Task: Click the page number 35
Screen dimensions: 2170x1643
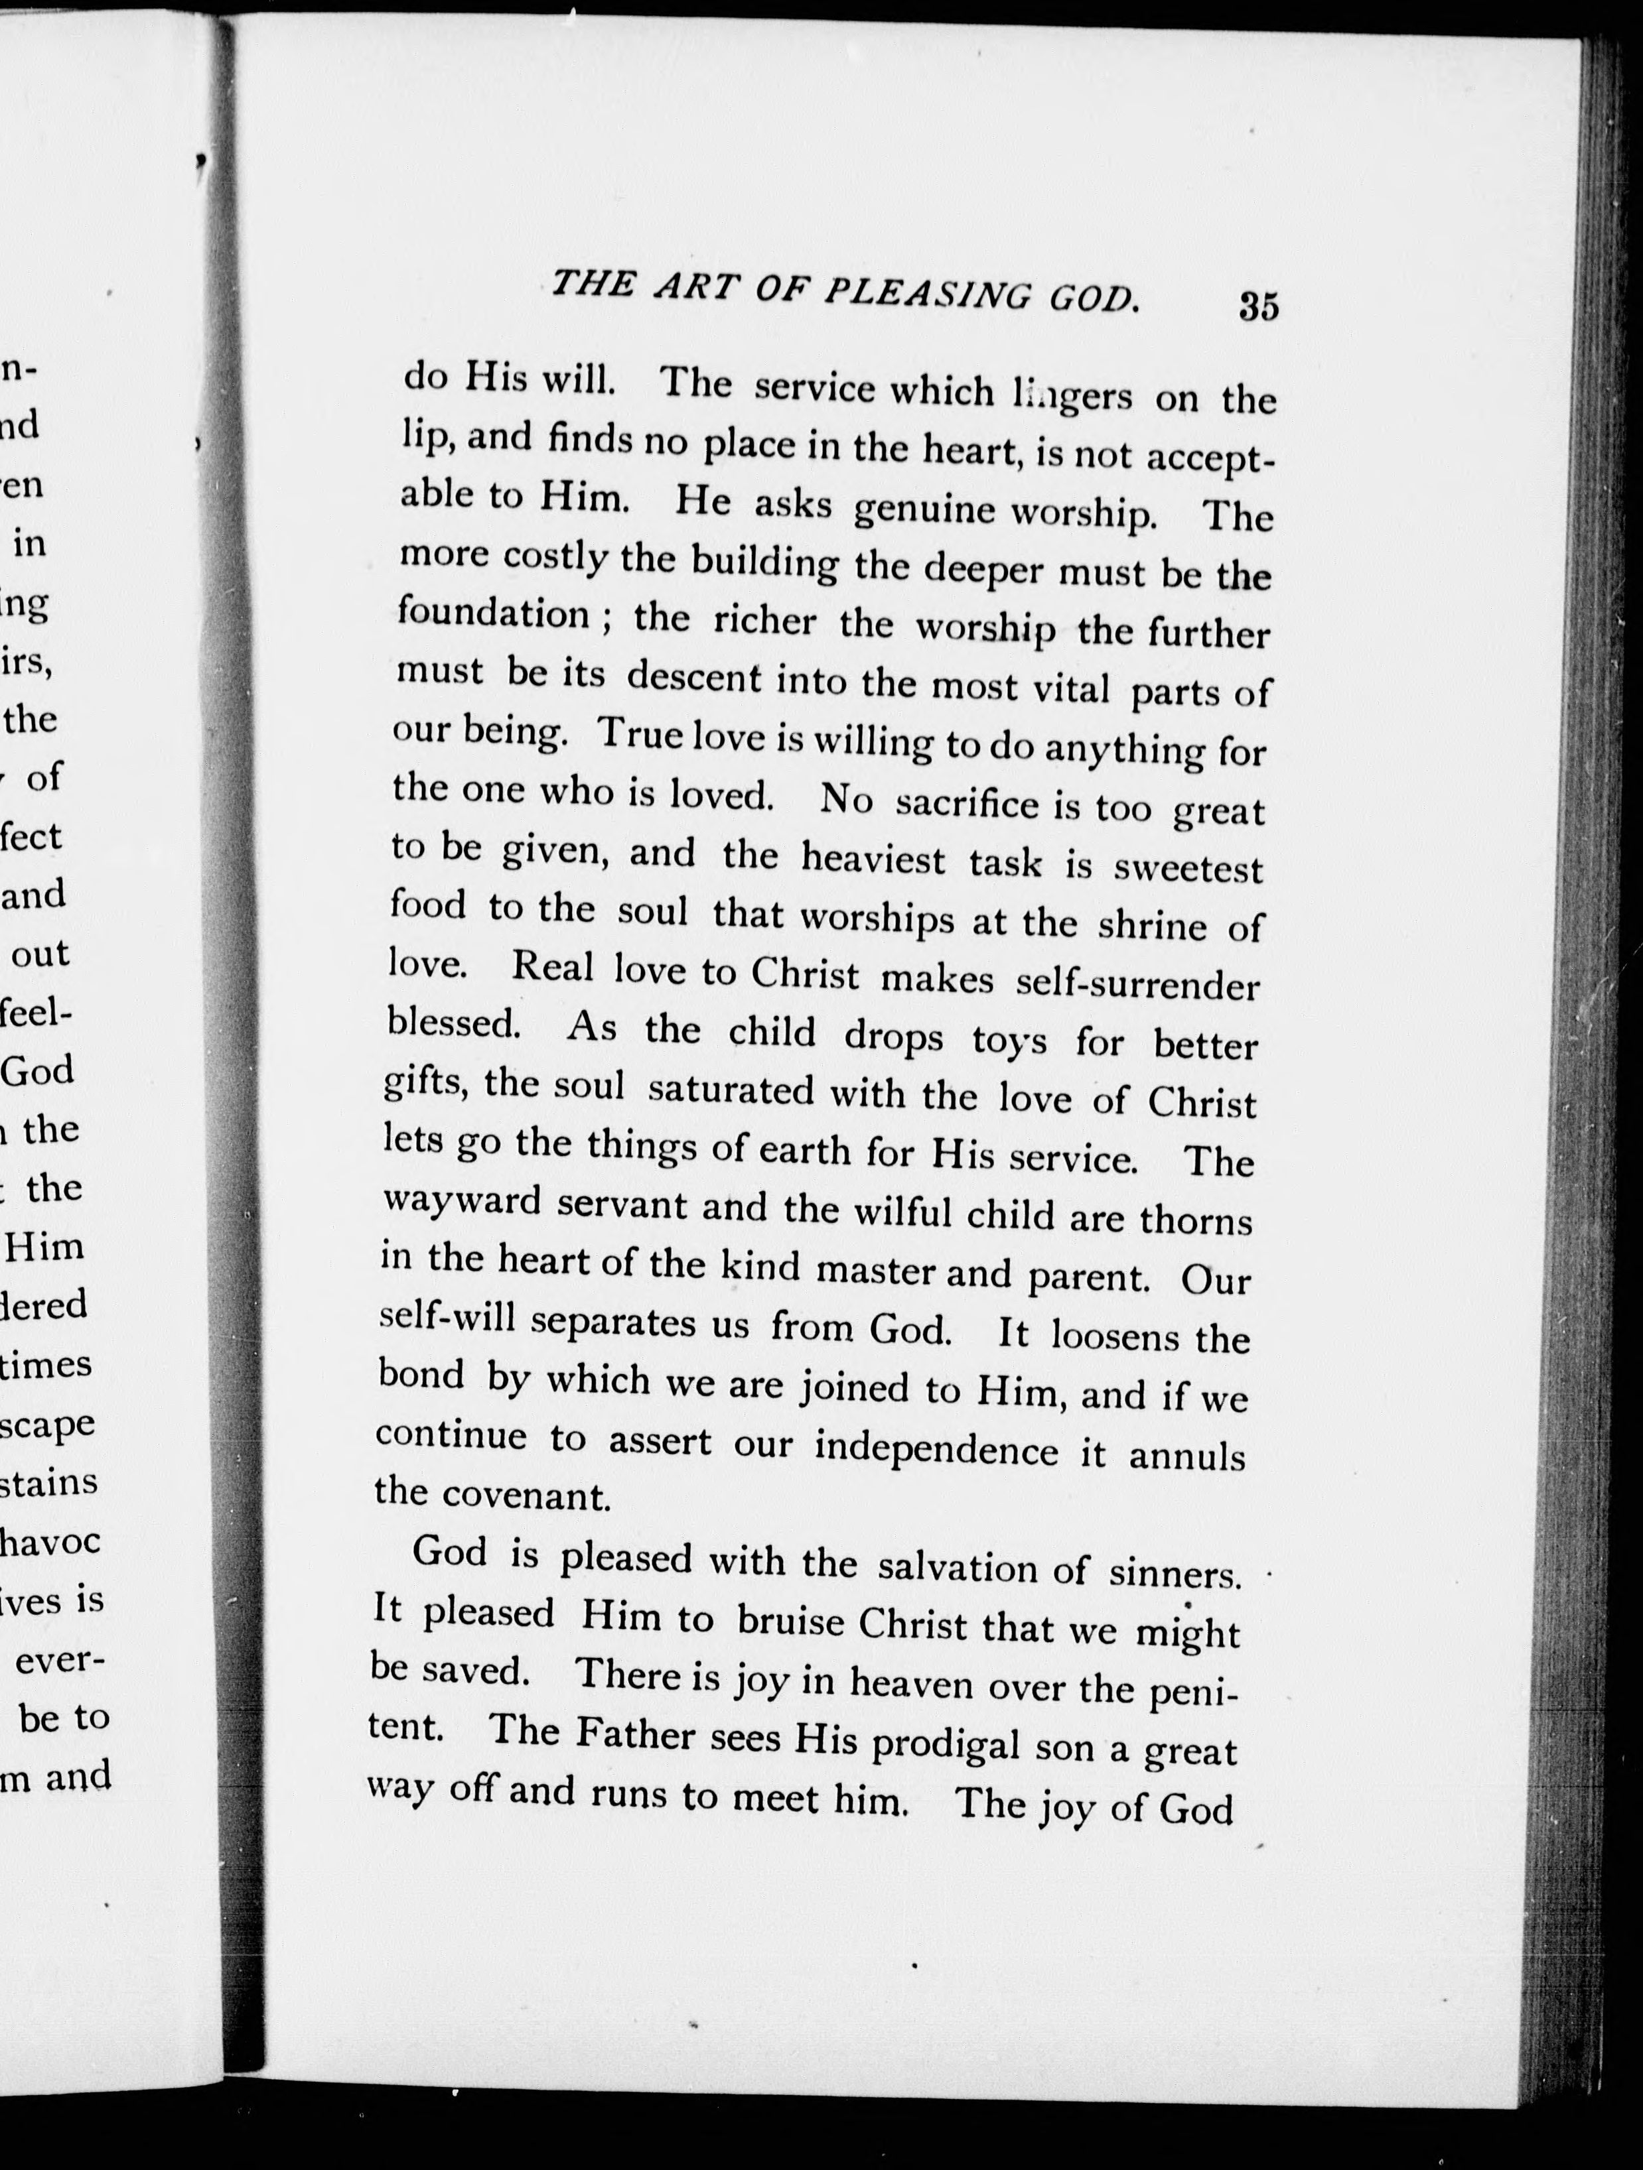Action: point(1258,306)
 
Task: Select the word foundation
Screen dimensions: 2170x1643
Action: point(494,613)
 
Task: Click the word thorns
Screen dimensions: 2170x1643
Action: point(1196,1220)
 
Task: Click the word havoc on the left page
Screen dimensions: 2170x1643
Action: point(51,1541)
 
